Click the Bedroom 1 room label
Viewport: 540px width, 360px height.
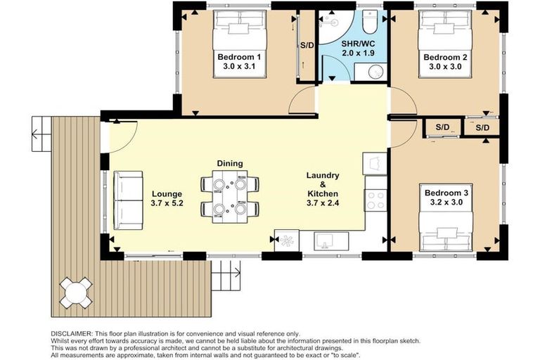click(239, 57)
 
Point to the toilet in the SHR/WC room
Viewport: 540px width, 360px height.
click(371, 22)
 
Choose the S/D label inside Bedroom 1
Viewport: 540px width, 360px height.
click(307, 45)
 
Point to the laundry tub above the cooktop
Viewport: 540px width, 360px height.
click(375, 164)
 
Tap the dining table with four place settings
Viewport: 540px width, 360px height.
click(229, 197)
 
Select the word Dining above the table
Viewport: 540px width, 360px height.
click(230, 163)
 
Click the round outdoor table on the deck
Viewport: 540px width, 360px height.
click(75, 290)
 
